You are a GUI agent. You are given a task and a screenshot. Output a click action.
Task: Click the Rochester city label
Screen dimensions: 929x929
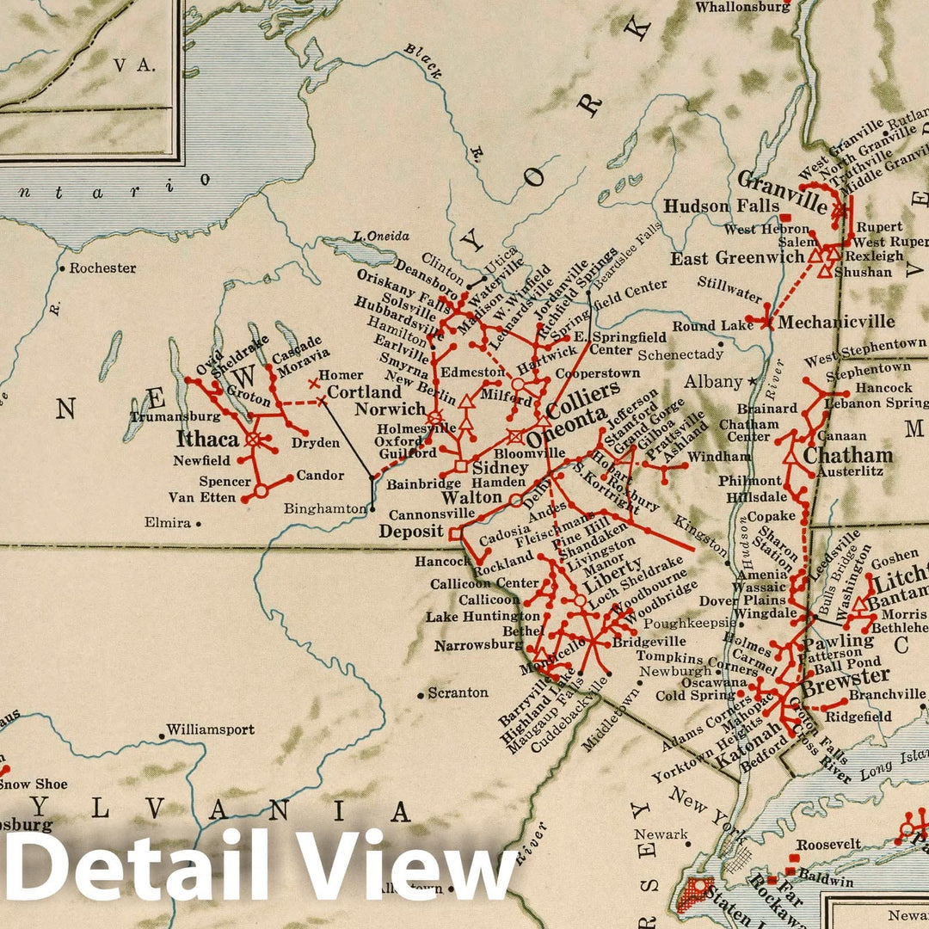(x=102, y=268)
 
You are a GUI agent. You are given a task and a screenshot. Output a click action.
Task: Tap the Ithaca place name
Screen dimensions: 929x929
(x=203, y=439)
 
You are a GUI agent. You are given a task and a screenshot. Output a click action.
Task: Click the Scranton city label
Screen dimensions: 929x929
(x=458, y=692)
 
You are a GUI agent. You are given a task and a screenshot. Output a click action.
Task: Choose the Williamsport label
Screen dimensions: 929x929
(x=211, y=729)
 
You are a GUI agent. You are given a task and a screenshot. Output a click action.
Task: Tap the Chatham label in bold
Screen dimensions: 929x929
(x=847, y=455)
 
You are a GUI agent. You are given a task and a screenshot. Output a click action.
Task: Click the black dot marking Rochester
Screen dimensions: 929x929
(x=62, y=268)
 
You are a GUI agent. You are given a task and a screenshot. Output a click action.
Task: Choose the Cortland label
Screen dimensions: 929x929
(x=365, y=391)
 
